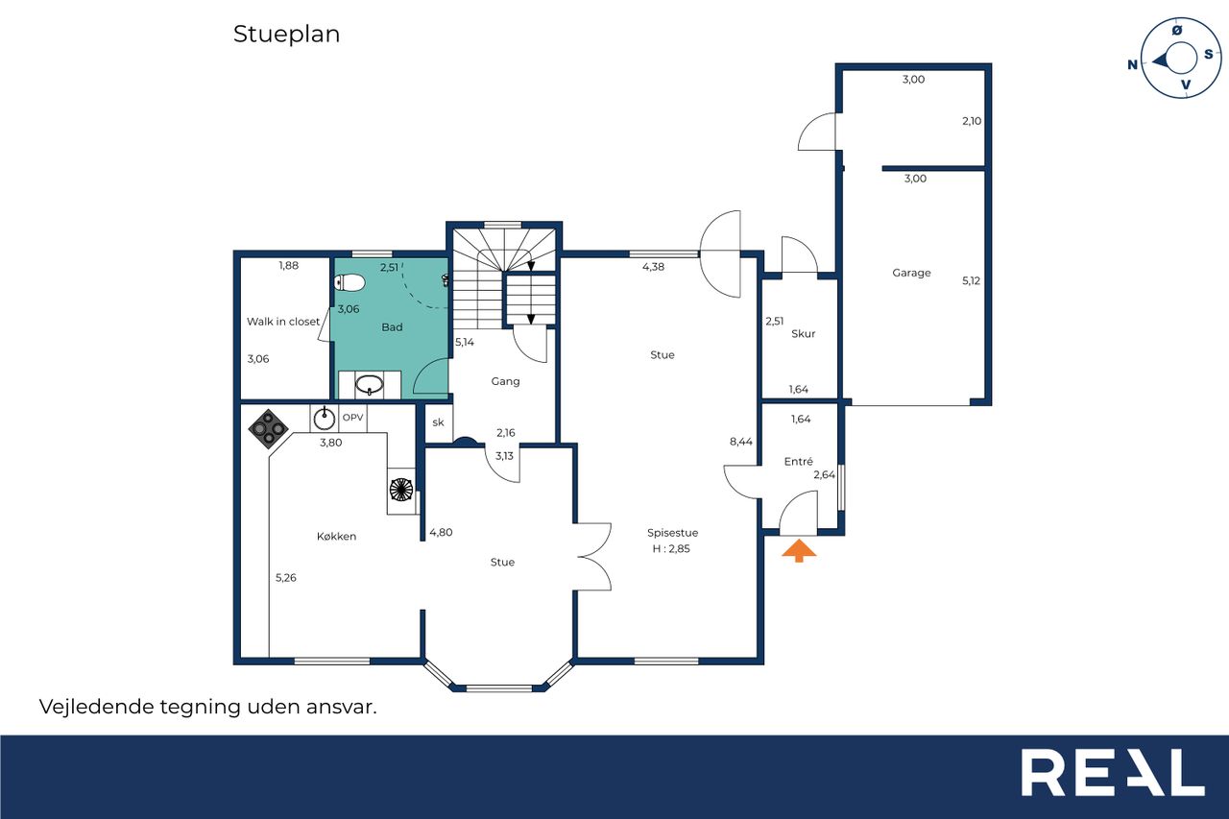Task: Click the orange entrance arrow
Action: tap(799, 550)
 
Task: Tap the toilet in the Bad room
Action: tap(349, 283)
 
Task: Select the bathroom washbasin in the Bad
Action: tap(370, 385)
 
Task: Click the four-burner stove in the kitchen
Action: tap(268, 429)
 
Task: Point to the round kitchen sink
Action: tap(325, 419)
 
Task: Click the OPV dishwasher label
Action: tap(352, 418)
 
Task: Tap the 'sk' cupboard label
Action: tap(438, 422)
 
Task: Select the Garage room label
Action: tap(911, 273)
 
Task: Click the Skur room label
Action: tap(804, 333)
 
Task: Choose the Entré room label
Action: tap(798, 461)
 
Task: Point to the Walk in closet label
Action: tap(283, 322)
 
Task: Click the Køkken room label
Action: tap(336, 536)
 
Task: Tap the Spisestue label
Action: tap(672, 533)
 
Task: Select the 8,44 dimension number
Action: tap(740, 442)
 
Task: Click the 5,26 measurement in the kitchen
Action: tap(286, 578)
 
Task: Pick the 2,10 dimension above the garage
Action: tap(972, 121)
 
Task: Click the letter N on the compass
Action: tap(1132, 64)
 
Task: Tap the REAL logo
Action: tap(1113, 772)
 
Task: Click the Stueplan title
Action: tap(286, 35)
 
